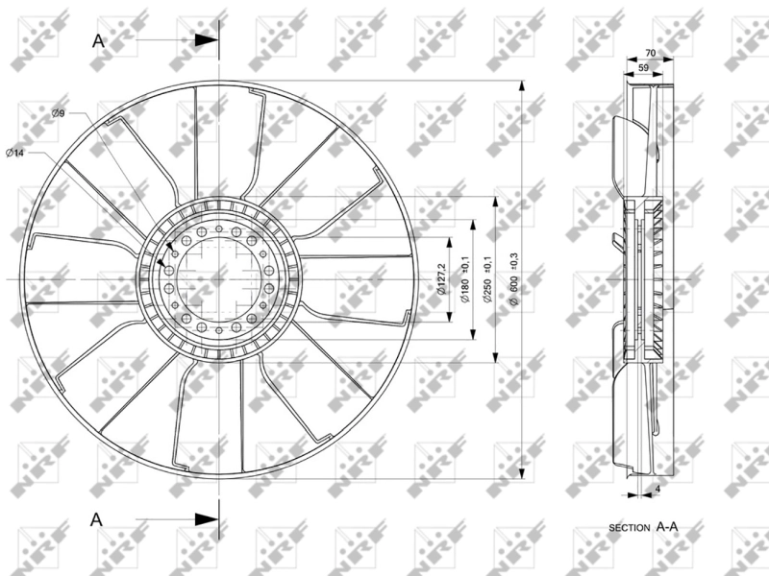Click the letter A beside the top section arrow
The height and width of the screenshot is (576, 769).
coord(98,40)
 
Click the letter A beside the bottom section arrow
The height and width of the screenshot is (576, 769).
coord(96,518)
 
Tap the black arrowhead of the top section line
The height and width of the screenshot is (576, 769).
coord(206,40)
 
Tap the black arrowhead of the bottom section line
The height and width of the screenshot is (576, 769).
coord(206,519)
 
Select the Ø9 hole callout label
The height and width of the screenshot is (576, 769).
coord(58,114)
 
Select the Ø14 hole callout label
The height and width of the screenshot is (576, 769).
coord(14,153)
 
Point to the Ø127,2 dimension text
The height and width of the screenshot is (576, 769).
coord(443,278)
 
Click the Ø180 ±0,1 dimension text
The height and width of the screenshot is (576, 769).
coord(465,279)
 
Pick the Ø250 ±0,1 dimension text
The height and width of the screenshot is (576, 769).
coord(488,279)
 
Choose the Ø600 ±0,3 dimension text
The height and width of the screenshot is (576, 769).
coord(516,279)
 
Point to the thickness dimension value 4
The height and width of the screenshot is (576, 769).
coord(657,490)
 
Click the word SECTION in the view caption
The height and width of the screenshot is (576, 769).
coord(630,529)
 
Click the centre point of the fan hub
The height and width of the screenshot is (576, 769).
coord(219,279)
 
